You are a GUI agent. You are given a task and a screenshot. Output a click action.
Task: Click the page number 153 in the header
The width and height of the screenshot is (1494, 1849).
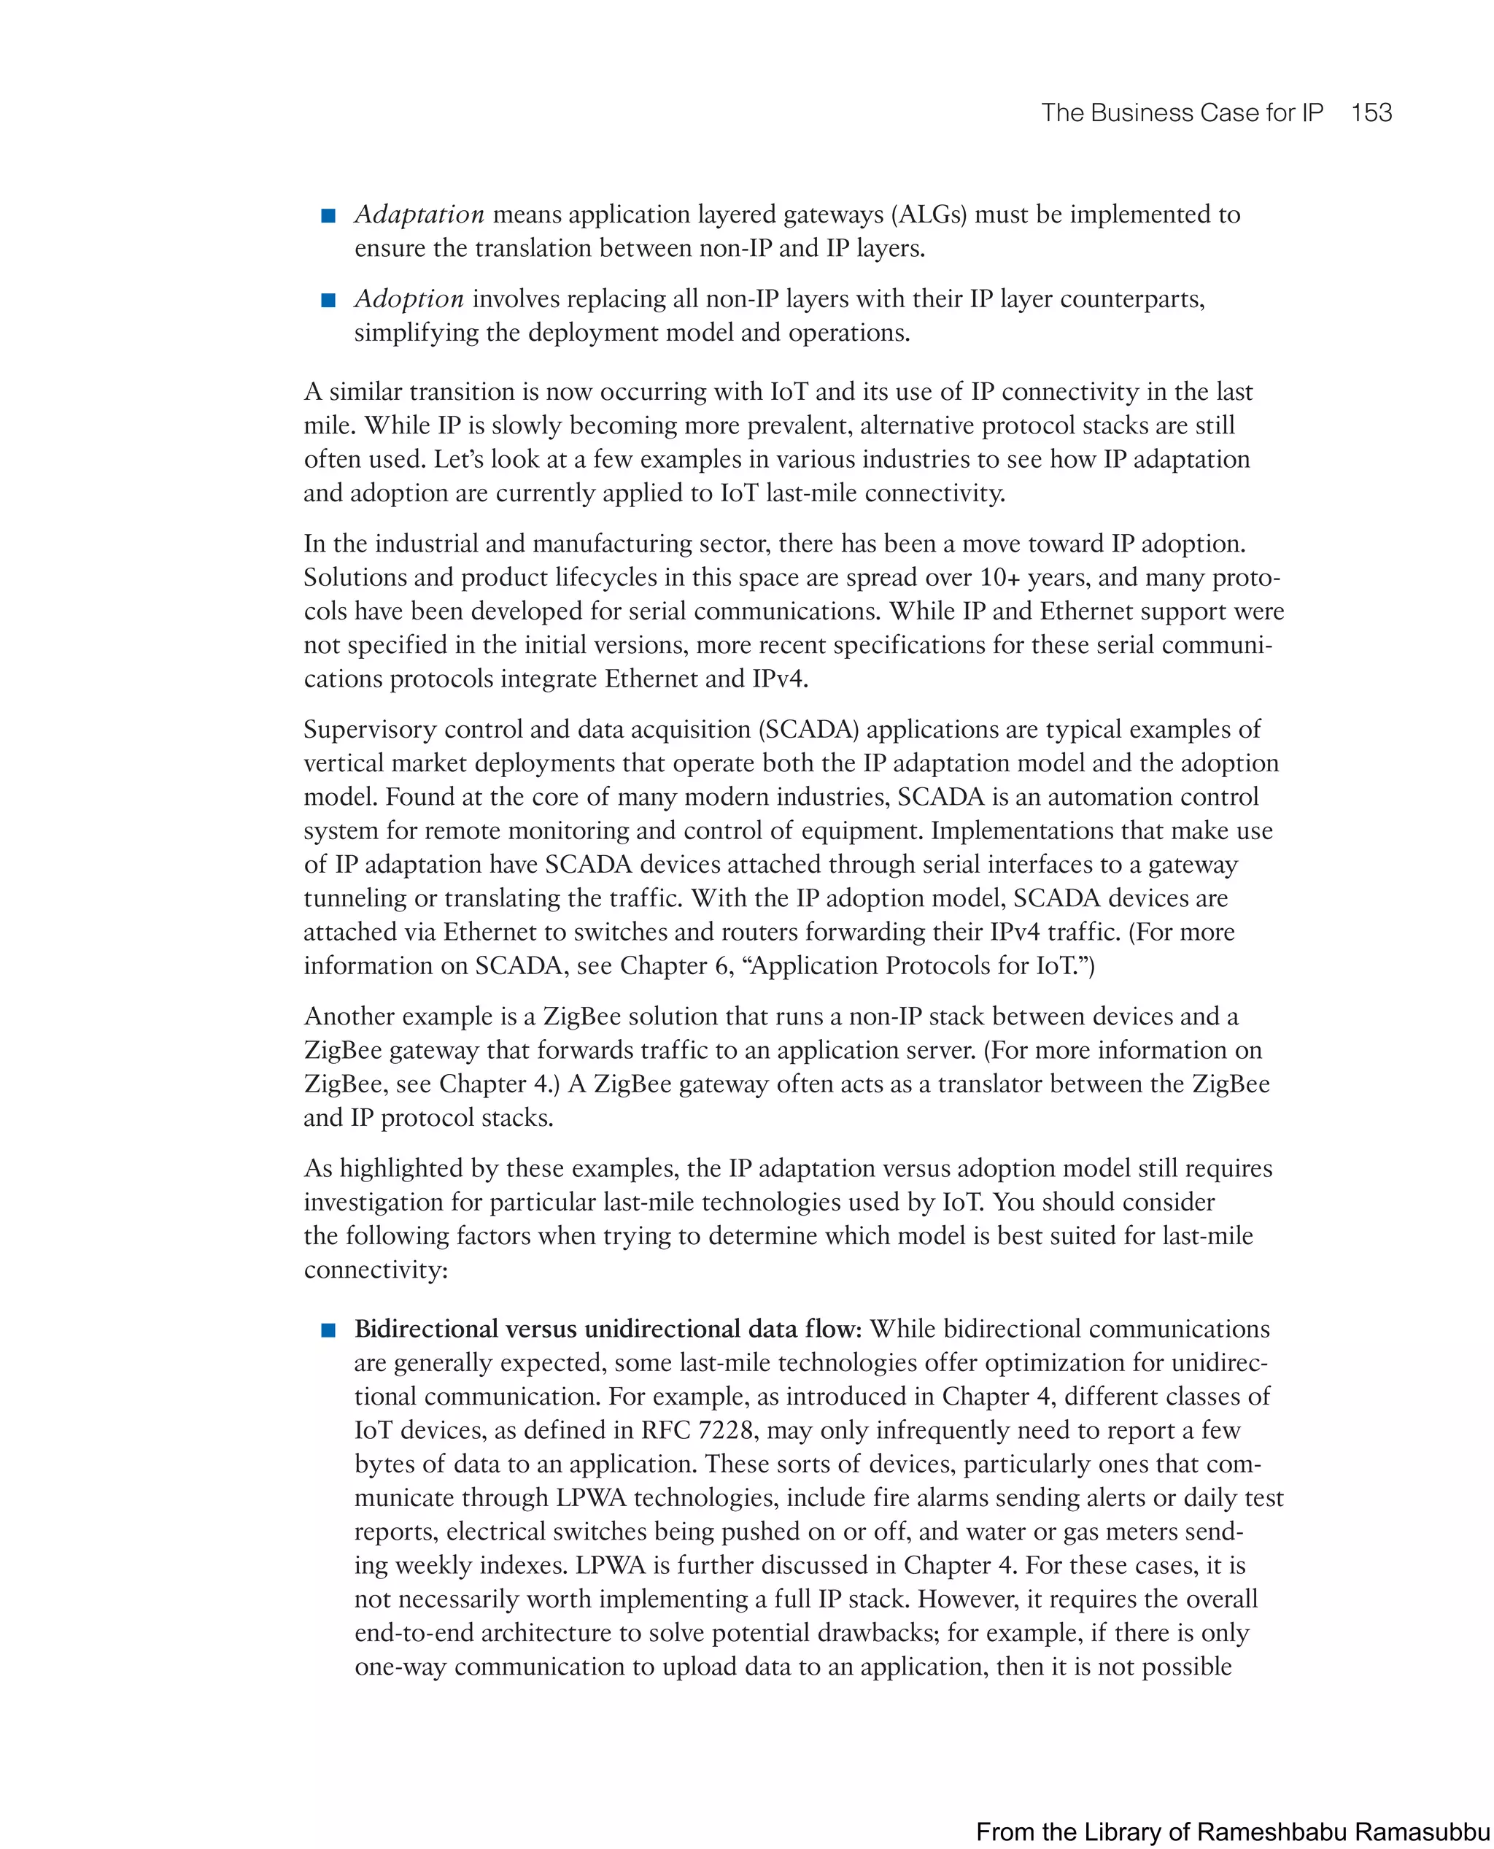point(1371,113)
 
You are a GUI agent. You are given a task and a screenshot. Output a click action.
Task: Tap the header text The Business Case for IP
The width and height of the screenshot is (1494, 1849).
point(1182,113)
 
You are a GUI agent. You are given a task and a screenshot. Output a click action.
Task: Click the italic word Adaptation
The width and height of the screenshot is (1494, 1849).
point(419,215)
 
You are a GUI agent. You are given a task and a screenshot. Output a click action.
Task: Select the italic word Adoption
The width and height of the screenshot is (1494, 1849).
point(409,298)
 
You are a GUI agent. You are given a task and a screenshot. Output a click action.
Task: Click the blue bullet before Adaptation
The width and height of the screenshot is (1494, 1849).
point(328,216)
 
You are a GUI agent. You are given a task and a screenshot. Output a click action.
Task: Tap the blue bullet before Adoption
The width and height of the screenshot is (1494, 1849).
point(328,301)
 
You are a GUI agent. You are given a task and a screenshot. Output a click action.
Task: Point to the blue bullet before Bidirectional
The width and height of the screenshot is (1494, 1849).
point(328,1330)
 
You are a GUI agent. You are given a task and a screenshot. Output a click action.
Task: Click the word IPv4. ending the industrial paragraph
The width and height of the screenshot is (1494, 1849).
point(780,679)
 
